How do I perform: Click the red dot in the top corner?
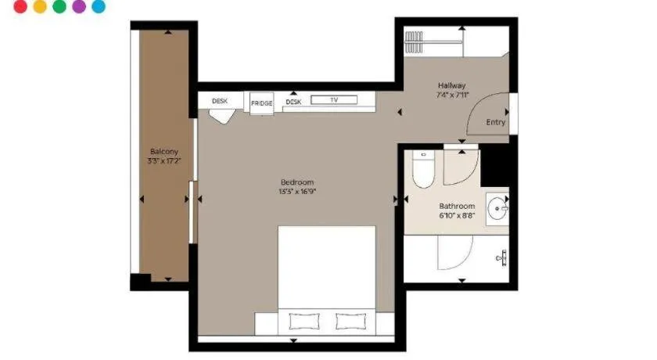(21, 6)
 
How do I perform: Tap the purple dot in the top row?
(79, 6)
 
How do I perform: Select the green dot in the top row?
(60, 6)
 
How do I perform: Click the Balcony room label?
(164, 151)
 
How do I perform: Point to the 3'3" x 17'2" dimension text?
(164, 161)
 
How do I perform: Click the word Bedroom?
(296, 182)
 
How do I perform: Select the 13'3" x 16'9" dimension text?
(296, 192)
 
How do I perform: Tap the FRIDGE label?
(262, 103)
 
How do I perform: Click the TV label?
(334, 100)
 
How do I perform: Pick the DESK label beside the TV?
(293, 102)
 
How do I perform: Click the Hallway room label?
(452, 85)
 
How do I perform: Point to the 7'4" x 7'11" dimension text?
(452, 95)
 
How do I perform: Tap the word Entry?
(496, 122)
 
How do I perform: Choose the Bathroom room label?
(457, 207)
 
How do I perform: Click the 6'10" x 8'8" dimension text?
(457, 216)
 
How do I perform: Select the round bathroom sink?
(497, 209)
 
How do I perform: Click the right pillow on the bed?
(350, 321)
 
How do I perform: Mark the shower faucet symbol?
(502, 257)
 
